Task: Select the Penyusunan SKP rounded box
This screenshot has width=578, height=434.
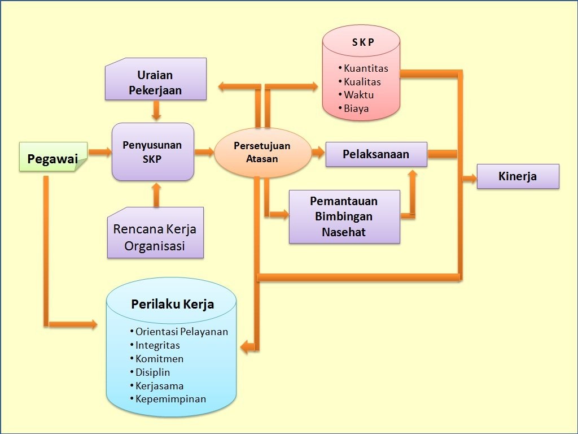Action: pyautogui.click(x=152, y=151)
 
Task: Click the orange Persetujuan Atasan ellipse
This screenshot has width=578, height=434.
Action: pyautogui.click(x=262, y=152)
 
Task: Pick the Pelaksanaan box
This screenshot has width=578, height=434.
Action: pyautogui.click(x=376, y=154)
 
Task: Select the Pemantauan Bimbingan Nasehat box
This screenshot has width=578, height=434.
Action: pyautogui.click(x=344, y=216)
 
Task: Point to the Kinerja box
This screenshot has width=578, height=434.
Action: pyautogui.click(x=518, y=176)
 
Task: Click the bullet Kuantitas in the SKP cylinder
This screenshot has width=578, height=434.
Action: pyautogui.click(x=366, y=68)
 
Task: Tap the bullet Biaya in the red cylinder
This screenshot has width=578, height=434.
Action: pyautogui.click(x=356, y=108)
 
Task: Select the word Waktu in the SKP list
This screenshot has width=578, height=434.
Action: pyautogui.click(x=359, y=95)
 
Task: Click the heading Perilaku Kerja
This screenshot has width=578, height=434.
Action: pyautogui.click(x=172, y=303)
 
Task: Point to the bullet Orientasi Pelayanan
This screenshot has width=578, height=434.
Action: pyautogui.click(x=181, y=332)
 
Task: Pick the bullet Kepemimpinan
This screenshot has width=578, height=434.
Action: pyautogui.click(x=170, y=399)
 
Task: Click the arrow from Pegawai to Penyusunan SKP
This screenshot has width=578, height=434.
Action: pyautogui.click(x=100, y=152)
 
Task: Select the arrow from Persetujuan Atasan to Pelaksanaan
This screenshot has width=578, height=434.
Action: pyautogui.click(x=318, y=152)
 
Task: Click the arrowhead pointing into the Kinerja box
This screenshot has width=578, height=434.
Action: pyautogui.click(x=471, y=179)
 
